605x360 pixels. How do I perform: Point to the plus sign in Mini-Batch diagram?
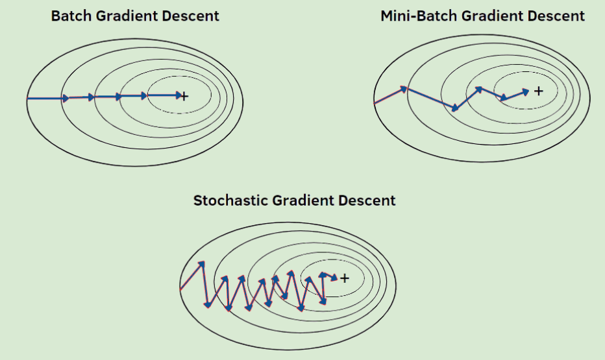tap(538, 91)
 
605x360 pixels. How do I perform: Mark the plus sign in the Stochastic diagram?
tap(344, 278)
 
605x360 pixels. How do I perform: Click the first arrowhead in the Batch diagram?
tap(66, 98)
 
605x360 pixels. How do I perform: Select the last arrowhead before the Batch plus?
tap(179, 96)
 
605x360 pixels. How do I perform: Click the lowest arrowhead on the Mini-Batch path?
tap(455, 108)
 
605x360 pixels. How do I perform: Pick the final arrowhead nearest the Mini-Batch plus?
tap(526, 91)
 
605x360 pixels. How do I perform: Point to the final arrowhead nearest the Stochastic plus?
tap(334, 278)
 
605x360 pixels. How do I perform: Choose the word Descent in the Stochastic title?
tap(368, 200)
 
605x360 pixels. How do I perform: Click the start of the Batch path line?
tap(28, 98)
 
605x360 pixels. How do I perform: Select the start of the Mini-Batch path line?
tap(375, 102)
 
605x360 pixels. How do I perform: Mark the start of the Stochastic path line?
tap(180, 287)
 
